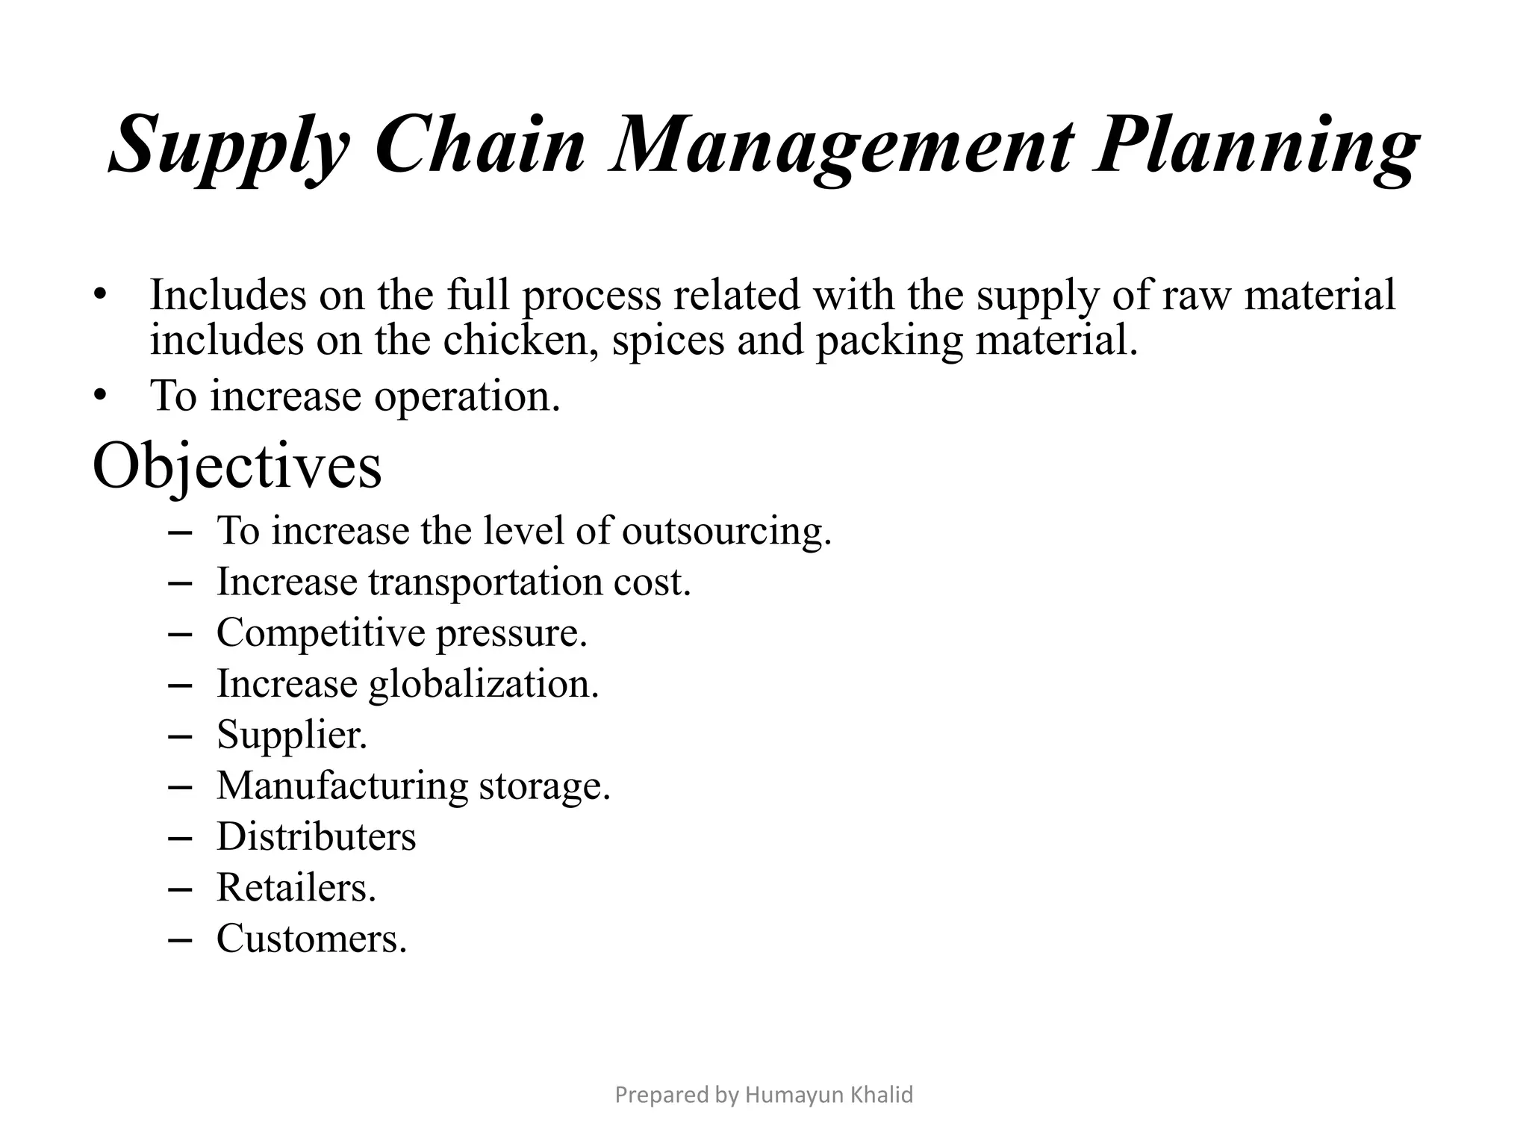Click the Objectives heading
tap(237, 467)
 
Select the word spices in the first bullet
tap(667, 342)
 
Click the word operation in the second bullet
tap(467, 396)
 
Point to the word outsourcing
tap(726, 532)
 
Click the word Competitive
tap(321, 633)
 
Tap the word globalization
tap(484, 685)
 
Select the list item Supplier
tap(292, 736)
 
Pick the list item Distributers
tap(316, 836)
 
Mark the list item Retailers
tap(296, 888)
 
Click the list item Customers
tap(311, 939)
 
